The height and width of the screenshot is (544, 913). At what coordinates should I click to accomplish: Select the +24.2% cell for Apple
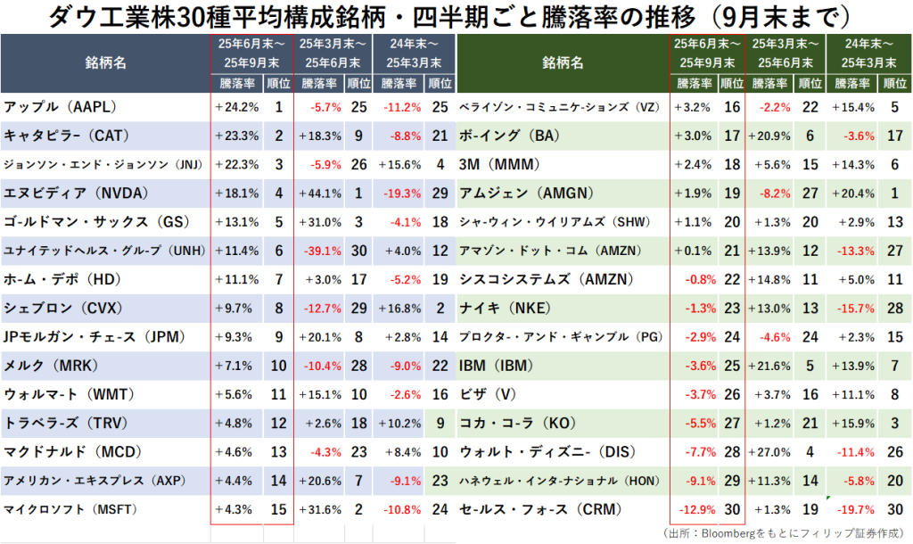(237, 107)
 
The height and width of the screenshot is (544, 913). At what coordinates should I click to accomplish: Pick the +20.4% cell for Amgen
(854, 194)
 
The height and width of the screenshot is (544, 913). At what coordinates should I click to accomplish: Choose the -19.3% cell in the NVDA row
(402, 194)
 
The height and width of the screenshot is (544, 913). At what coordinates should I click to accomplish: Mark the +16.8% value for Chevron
(400, 309)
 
